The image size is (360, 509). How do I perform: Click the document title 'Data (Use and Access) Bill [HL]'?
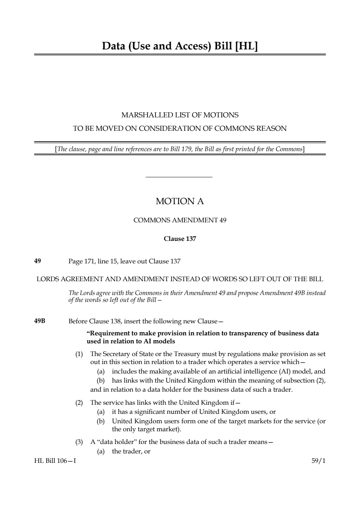(180, 46)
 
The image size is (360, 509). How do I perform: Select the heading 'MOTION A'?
(180, 201)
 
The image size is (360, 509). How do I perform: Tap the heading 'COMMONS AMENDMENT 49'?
(180, 220)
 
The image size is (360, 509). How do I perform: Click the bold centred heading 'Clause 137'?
(180, 239)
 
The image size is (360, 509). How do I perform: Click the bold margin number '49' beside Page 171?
(37, 261)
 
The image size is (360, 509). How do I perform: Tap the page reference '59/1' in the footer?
(319, 461)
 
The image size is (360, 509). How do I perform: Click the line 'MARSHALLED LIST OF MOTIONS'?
(180, 115)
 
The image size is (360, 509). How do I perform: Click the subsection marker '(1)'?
(79, 354)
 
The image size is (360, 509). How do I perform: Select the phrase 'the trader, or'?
(131, 452)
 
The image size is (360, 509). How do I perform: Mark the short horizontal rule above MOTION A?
(179, 177)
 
